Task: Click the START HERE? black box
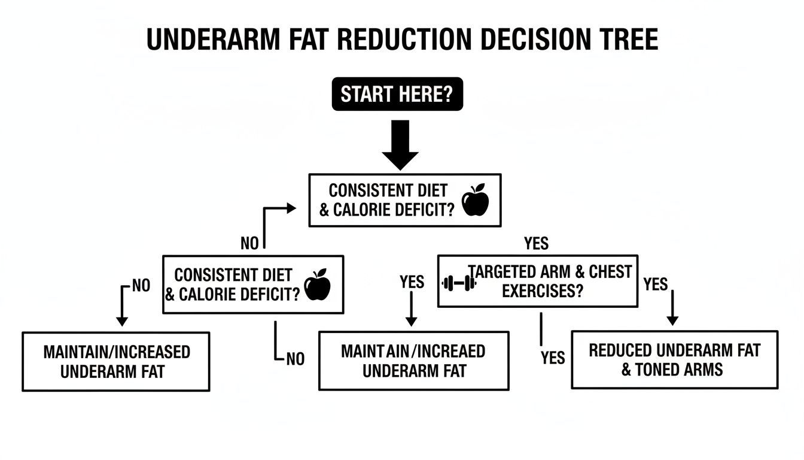[397, 94]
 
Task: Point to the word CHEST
[610, 272]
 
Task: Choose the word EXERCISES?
[543, 291]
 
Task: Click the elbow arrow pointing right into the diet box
[290, 208]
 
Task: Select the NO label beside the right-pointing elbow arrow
[249, 243]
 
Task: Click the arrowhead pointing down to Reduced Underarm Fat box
[672, 320]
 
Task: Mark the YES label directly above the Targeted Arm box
[536, 243]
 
